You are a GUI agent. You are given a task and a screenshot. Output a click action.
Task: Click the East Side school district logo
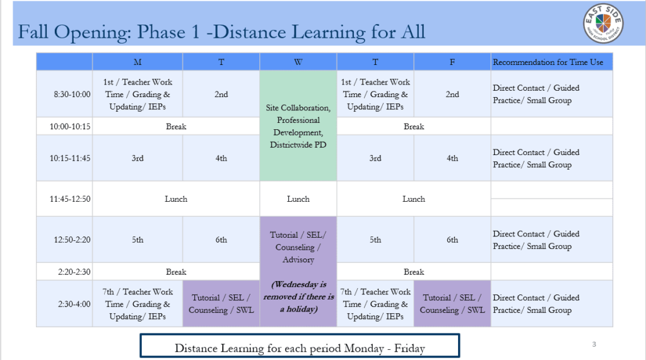tap(603, 23)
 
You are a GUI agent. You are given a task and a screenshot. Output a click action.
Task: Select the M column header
tap(138, 62)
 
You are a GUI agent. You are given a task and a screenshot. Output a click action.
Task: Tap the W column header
tap(298, 62)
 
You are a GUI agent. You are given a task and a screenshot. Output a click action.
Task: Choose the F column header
tap(452, 62)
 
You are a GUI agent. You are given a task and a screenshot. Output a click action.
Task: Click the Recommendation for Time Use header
tap(548, 62)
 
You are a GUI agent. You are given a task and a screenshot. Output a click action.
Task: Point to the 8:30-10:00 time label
tap(72, 95)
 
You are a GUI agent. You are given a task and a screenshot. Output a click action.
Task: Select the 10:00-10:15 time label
tap(70, 127)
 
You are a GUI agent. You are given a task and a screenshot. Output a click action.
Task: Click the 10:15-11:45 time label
tap(70, 158)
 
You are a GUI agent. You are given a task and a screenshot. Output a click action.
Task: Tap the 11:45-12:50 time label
tap(70, 199)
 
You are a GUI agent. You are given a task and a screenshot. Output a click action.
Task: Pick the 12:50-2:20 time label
tap(72, 240)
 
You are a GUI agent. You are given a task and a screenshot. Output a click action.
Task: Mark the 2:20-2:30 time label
tap(74, 272)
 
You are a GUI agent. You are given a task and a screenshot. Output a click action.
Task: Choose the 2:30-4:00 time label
tap(74, 304)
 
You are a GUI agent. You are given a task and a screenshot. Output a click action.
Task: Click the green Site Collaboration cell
tap(298, 125)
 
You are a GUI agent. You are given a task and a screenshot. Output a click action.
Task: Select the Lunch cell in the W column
tap(298, 199)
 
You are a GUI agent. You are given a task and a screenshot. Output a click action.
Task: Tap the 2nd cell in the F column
tap(452, 94)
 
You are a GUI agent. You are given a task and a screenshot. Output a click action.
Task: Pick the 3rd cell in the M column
tap(138, 158)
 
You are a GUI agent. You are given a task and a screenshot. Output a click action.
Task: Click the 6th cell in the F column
tap(452, 240)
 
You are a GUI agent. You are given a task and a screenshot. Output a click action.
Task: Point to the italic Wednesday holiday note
tap(298, 296)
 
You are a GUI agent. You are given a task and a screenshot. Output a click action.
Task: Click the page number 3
tap(594, 344)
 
